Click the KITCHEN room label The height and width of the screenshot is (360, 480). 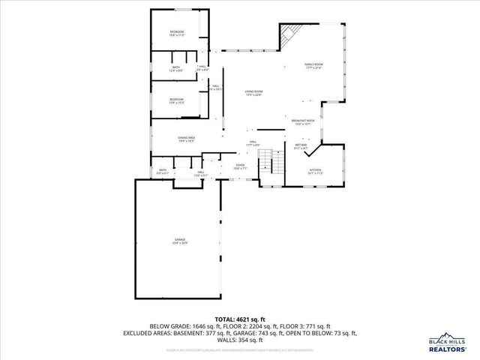point(316,172)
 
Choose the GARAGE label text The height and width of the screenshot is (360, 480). point(180,241)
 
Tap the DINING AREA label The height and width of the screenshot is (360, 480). point(187,139)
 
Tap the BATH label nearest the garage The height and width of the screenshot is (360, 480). point(162,171)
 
